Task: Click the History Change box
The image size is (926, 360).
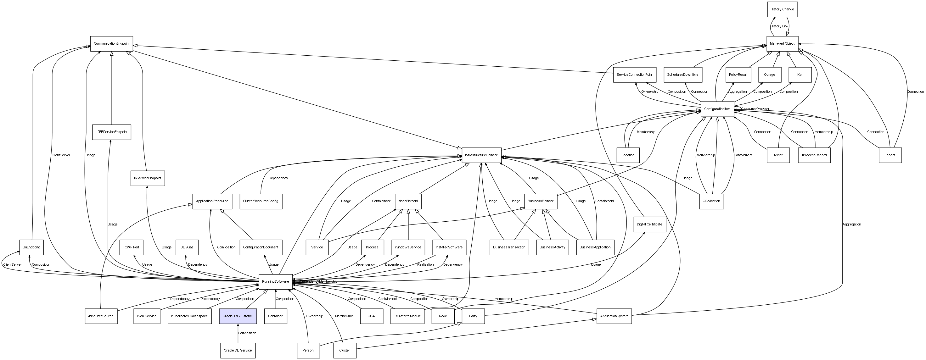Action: click(782, 9)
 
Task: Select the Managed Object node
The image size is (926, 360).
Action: click(782, 44)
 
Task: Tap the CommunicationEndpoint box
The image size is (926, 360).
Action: click(111, 44)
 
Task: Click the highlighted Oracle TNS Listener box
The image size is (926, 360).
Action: click(238, 316)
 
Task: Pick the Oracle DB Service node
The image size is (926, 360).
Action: click(238, 350)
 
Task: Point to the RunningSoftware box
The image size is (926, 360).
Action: click(275, 282)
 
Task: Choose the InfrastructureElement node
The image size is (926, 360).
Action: click(481, 155)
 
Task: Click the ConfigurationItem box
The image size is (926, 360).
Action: click(717, 109)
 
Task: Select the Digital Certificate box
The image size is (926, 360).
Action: click(649, 224)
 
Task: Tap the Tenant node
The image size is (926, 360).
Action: click(890, 155)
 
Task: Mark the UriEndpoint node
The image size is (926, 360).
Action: click(31, 247)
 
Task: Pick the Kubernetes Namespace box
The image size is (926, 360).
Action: click(189, 316)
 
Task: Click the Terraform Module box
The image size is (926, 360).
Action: click(407, 316)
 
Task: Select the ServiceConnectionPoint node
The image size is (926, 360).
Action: click(634, 75)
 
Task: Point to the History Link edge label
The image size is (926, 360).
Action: click(779, 26)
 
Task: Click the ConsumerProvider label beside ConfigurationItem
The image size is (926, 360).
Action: click(755, 109)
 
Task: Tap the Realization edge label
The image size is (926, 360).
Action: click(425, 265)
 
